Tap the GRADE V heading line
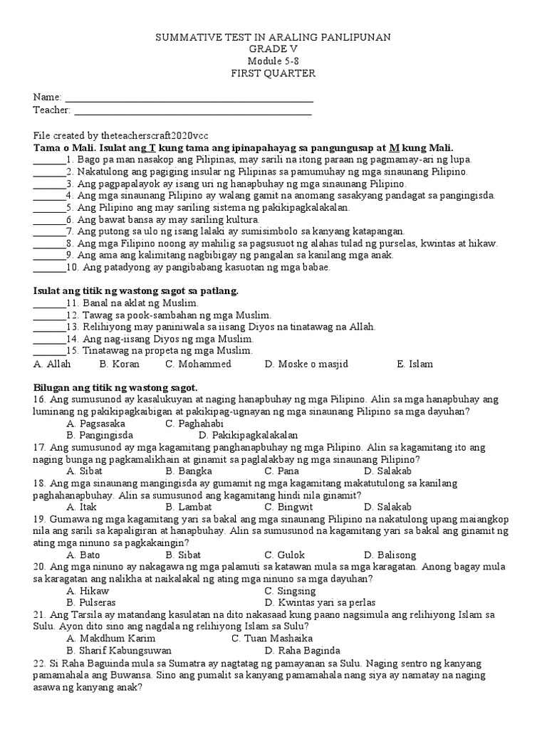coord(273,49)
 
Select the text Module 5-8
coord(273,61)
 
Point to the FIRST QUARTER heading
coord(273,73)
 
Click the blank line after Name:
coord(189,98)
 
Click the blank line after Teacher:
coord(192,110)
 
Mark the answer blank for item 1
coord(48,160)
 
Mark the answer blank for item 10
coord(48,268)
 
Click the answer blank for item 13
coord(48,327)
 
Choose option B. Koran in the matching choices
coord(119,364)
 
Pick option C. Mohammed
coord(198,364)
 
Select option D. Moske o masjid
coord(306,364)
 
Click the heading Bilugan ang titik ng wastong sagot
coord(115,388)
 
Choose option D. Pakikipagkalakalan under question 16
coord(248,435)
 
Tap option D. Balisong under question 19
coord(391,555)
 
